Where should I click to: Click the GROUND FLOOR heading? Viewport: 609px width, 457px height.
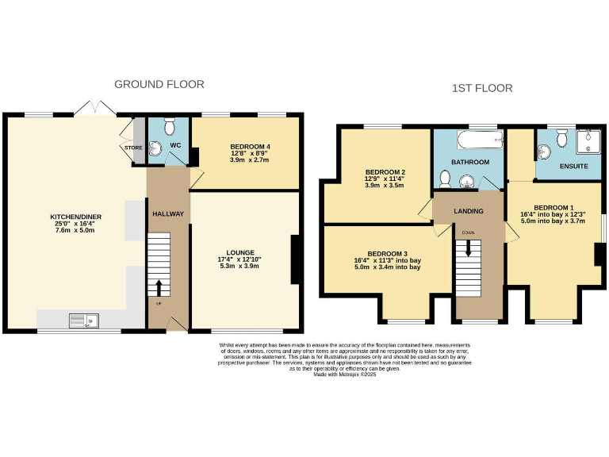click(159, 84)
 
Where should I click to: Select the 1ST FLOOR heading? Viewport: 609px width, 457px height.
click(481, 88)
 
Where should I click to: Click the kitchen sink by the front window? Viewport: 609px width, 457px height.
click(82, 321)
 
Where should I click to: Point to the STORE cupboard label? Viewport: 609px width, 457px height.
click(132, 148)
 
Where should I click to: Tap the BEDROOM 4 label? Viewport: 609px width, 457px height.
click(250, 147)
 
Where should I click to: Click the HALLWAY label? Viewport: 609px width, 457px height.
click(167, 214)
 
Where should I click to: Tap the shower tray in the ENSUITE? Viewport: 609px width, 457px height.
click(588, 140)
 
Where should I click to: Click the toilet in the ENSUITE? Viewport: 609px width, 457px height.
click(561, 138)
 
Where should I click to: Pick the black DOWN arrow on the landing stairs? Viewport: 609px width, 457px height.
click(468, 248)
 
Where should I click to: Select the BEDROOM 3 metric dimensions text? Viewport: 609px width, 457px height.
click(387, 267)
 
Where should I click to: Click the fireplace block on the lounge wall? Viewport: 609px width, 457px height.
click(296, 259)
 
